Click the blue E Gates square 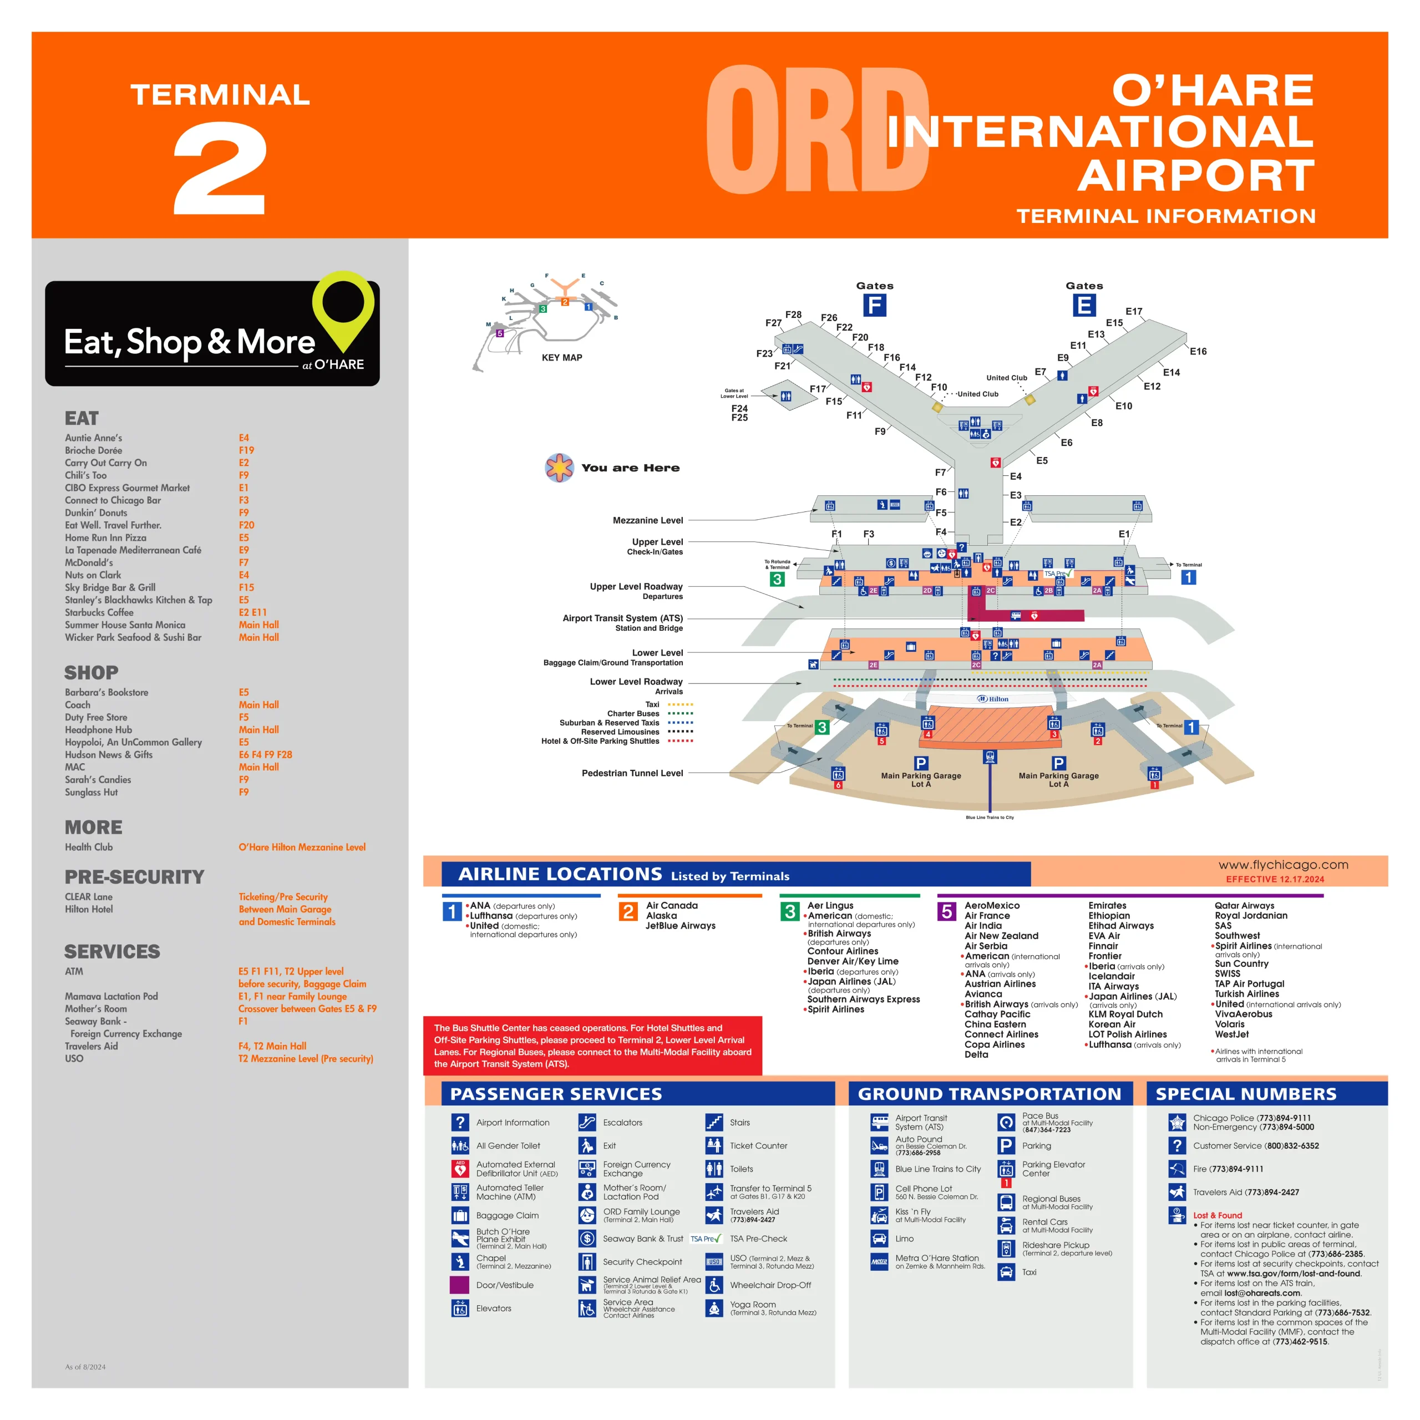click(x=1083, y=305)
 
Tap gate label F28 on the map click(x=793, y=315)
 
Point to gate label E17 click(x=1133, y=312)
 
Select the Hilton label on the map click(x=993, y=699)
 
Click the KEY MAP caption click(x=561, y=358)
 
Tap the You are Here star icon click(x=559, y=468)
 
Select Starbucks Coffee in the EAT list click(x=99, y=612)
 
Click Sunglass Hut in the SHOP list click(x=91, y=792)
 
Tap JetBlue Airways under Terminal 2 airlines click(x=680, y=926)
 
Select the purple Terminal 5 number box click(x=947, y=911)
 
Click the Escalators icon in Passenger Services click(x=586, y=1122)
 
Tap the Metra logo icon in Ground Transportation click(x=879, y=1262)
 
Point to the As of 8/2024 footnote click(x=85, y=1367)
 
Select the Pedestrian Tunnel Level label click(x=632, y=773)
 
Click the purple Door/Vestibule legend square click(x=459, y=1285)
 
